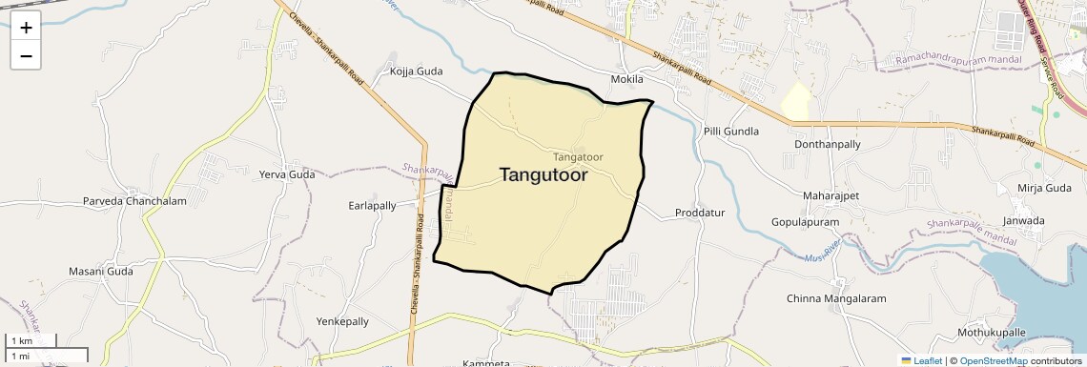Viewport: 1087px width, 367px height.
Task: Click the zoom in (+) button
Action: click(x=26, y=28)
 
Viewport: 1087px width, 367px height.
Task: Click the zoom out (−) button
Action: click(x=26, y=56)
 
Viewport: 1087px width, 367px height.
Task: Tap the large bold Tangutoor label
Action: click(x=543, y=175)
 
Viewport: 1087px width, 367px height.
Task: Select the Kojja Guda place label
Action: click(x=417, y=71)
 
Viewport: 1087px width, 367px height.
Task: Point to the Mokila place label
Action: click(x=628, y=78)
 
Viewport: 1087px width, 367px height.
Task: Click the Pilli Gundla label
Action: click(x=730, y=131)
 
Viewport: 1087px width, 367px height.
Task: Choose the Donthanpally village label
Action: click(x=827, y=144)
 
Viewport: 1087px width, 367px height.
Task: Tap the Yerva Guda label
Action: click(x=287, y=174)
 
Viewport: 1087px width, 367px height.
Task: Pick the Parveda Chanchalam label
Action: click(x=134, y=201)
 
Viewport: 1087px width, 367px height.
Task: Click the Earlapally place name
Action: click(x=372, y=205)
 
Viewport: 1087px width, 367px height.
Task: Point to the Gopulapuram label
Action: click(x=806, y=222)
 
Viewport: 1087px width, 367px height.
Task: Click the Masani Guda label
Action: click(x=100, y=272)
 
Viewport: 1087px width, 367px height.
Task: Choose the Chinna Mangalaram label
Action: click(x=830, y=298)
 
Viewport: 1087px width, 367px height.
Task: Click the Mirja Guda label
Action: click(x=1045, y=188)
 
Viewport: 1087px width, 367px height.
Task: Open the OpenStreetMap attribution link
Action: click(x=993, y=360)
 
